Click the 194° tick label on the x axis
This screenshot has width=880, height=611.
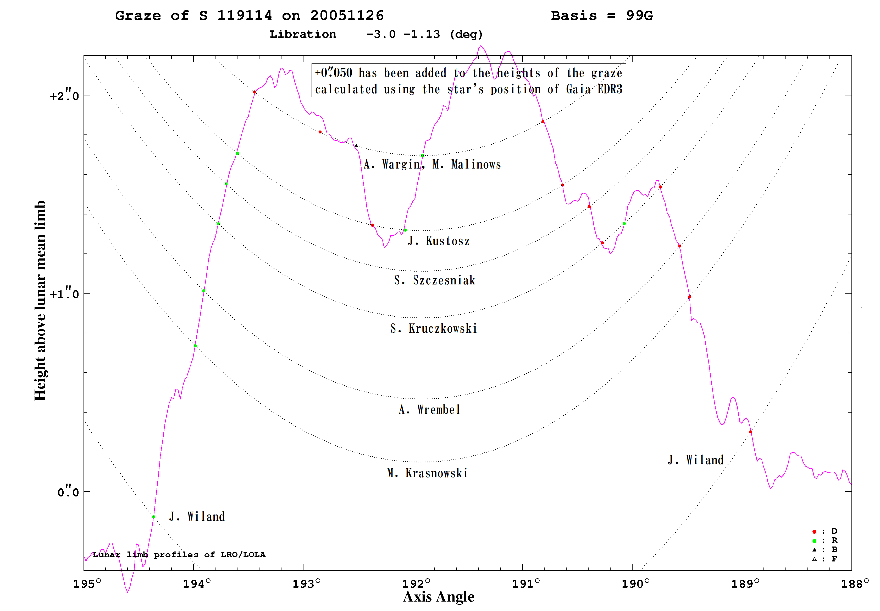[x=197, y=584]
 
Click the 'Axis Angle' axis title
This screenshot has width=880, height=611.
[x=439, y=597]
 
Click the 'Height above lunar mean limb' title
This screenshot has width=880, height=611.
[x=40, y=301]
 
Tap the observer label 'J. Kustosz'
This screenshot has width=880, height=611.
[x=439, y=241]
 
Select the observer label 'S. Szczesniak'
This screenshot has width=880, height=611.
[x=435, y=280]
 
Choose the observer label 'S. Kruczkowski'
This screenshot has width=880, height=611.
[x=434, y=328]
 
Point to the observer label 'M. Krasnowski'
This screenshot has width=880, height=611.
[x=427, y=473]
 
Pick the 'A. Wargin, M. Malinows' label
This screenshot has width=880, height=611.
[x=432, y=164]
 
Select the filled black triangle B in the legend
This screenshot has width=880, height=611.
[x=814, y=550]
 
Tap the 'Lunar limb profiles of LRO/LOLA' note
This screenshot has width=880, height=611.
[x=179, y=555]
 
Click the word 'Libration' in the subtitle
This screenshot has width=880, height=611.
[x=303, y=34]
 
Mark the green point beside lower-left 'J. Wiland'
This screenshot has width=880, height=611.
[x=154, y=517]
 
